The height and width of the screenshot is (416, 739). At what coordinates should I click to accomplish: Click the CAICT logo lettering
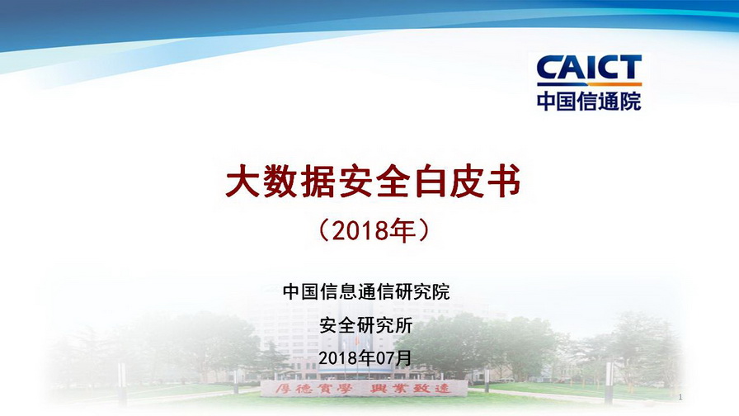(x=589, y=68)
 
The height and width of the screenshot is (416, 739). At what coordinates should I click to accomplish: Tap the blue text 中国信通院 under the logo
(x=589, y=101)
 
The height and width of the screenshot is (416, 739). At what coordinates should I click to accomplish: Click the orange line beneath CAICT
(x=589, y=84)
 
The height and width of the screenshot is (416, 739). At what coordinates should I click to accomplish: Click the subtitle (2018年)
(x=374, y=230)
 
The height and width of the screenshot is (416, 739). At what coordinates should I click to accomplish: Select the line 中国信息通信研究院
(x=366, y=291)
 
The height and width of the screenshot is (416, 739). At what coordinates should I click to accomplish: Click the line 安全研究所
(x=366, y=325)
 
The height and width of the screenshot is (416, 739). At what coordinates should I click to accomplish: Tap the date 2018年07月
(x=365, y=358)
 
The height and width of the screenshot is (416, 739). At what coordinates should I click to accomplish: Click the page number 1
(x=680, y=397)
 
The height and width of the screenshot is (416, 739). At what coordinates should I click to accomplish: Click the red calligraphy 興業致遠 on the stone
(x=410, y=389)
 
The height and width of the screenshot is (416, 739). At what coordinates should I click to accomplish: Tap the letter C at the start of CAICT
(x=548, y=68)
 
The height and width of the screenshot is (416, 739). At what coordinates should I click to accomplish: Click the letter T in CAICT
(x=630, y=68)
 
